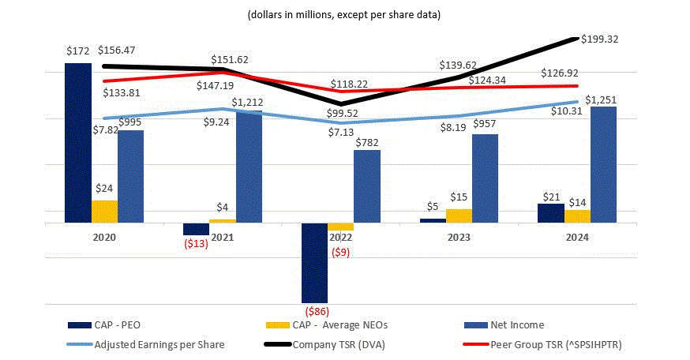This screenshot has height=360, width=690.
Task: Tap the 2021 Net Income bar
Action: pos(249,167)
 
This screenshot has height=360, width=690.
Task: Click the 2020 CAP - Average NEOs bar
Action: pos(104,212)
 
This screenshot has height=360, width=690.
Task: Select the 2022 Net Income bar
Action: pos(366,186)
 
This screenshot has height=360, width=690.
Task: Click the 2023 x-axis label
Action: pos(459,237)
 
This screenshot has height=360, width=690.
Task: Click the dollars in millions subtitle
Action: pos(343,15)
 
